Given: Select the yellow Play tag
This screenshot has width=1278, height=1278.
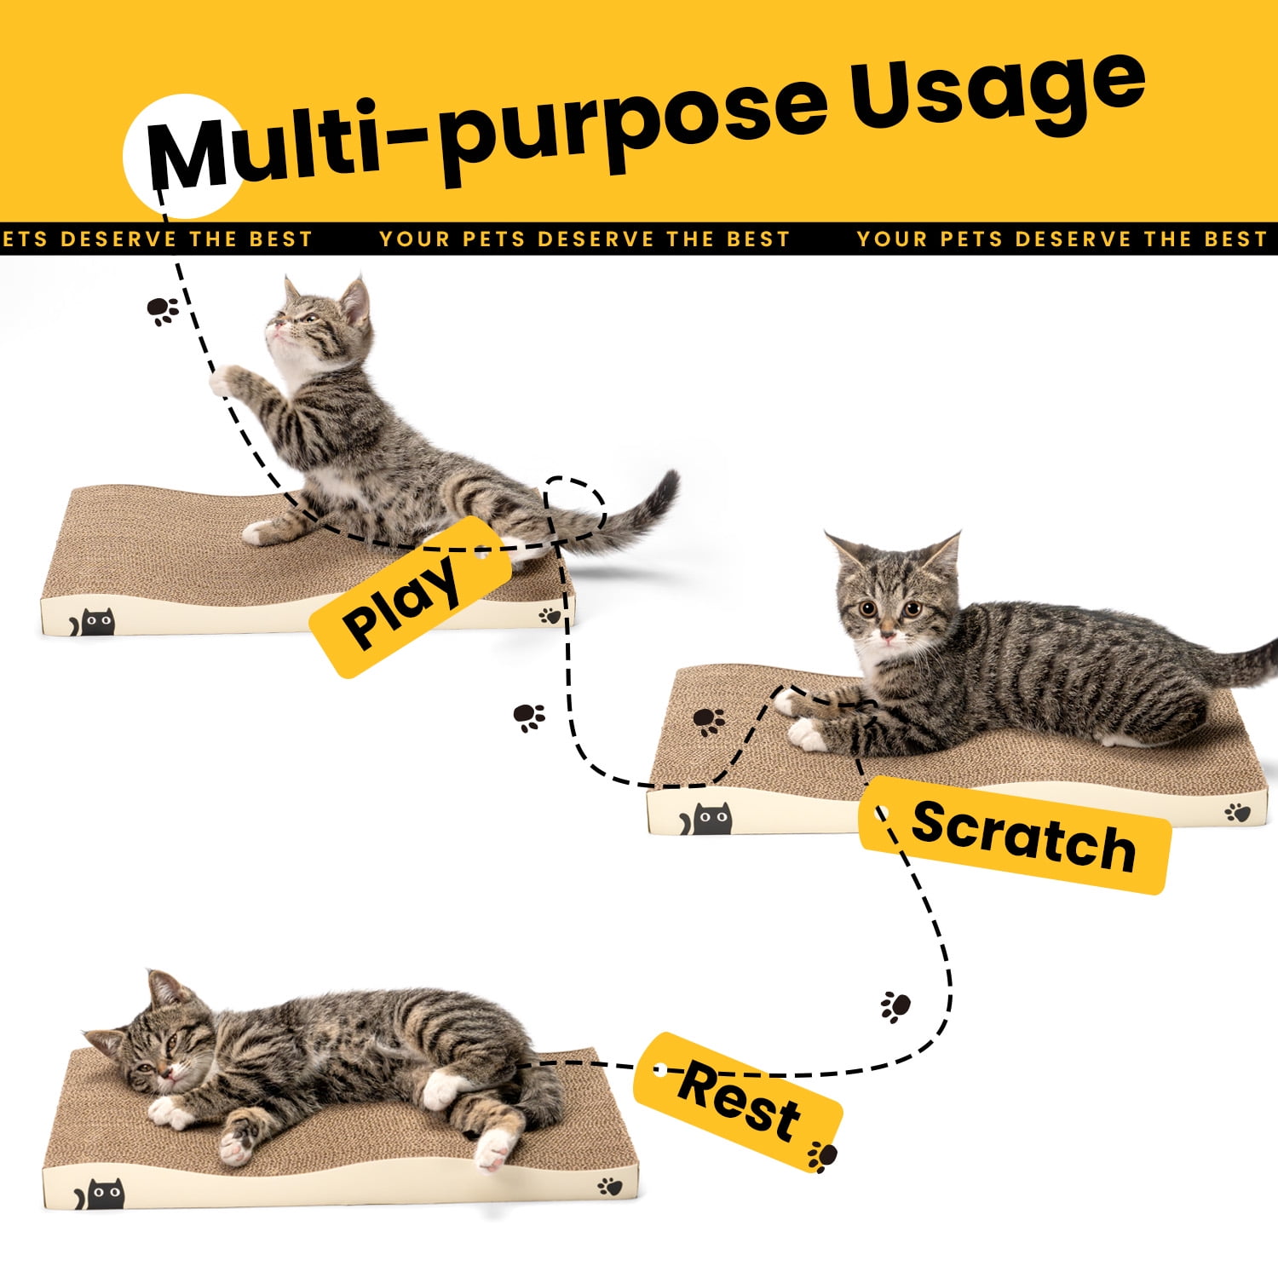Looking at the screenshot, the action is click(x=410, y=596).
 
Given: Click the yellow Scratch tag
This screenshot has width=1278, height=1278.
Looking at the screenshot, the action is click(x=1015, y=836).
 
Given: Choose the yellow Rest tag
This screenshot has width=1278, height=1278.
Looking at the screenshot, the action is click(x=738, y=1102).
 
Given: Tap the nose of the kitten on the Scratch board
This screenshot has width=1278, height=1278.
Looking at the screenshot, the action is click(x=887, y=636).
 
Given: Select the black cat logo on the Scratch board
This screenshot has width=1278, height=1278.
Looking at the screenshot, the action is click(x=706, y=820).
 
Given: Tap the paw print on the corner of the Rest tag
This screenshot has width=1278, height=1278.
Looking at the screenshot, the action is click(x=822, y=1156).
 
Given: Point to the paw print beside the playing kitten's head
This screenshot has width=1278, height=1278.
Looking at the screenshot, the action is click(x=163, y=311).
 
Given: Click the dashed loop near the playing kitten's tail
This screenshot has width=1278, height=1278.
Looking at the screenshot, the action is click(x=576, y=509).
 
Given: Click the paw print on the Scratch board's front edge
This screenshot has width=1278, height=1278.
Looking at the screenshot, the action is click(x=1238, y=813).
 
